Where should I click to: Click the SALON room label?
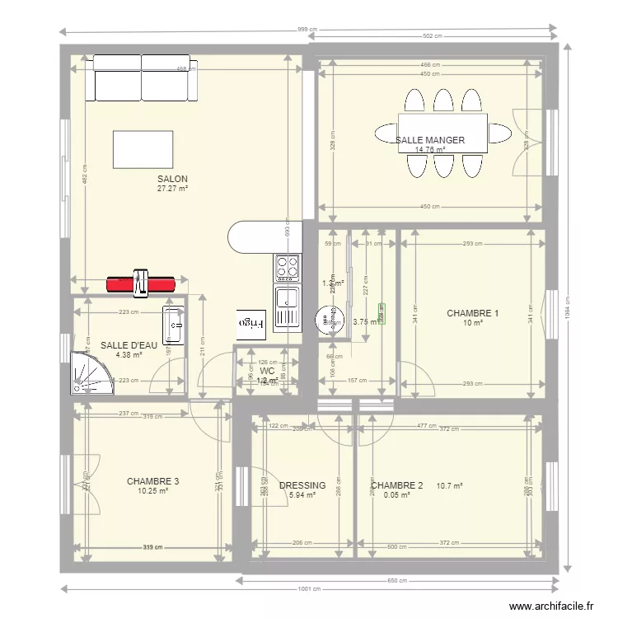[172, 179]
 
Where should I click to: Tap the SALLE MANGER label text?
[429, 141]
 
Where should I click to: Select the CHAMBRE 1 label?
[472, 313]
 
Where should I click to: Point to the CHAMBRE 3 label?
[152, 481]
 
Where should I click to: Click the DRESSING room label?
[302, 486]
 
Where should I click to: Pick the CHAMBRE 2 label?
[396, 486]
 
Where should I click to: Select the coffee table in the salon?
[143, 149]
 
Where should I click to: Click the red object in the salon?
[141, 283]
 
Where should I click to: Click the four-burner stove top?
[287, 267]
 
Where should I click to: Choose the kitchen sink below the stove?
[287, 306]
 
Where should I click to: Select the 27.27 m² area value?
[172, 189]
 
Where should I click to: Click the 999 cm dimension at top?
[307, 30]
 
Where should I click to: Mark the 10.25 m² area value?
[152, 491]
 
